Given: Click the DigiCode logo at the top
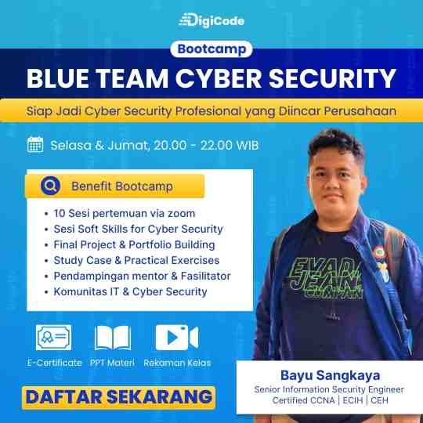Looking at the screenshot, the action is (211, 20).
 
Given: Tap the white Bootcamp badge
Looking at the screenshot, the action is (211, 49).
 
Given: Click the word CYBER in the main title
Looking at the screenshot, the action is (219, 78).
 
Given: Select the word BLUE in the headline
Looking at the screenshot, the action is (58, 78).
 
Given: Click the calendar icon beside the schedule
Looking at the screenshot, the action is (35, 144).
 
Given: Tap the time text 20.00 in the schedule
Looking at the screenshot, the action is (170, 145).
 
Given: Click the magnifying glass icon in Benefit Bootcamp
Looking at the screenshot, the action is (50, 186).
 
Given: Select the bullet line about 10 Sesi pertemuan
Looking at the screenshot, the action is (124, 213).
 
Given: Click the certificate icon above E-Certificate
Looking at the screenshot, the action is (54, 338).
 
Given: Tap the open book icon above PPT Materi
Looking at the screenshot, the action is (113, 338).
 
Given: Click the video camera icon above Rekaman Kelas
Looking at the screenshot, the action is (177, 338).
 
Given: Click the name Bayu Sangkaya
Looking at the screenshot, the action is (331, 375).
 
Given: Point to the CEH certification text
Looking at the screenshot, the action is (380, 400).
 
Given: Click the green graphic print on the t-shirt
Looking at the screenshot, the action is (327, 279).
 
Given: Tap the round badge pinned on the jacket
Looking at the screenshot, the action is (380, 252).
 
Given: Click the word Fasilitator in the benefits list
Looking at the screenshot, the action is (205, 276).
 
